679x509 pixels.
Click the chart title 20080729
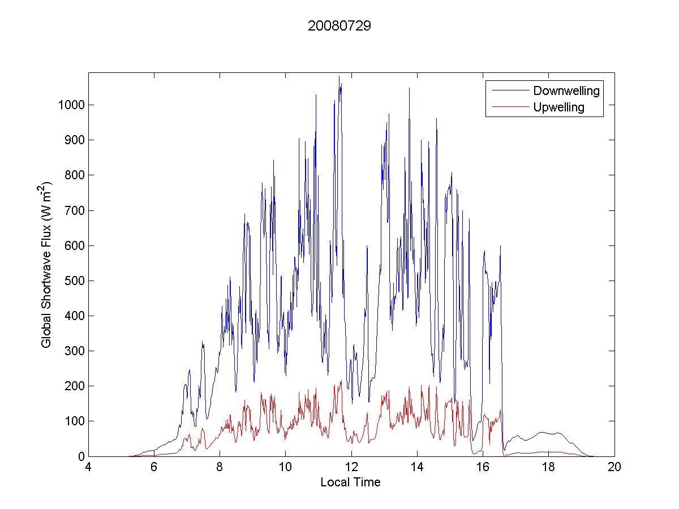coord(339,27)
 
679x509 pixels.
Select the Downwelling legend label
coord(566,90)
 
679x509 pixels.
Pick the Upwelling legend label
coord(558,107)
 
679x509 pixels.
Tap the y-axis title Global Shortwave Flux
coord(46,264)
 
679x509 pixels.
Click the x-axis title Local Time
coord(350,482)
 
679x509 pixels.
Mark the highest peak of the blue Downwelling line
coord(339,76)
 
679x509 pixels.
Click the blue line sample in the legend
coord(509,90)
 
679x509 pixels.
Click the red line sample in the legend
coord(509,107)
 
